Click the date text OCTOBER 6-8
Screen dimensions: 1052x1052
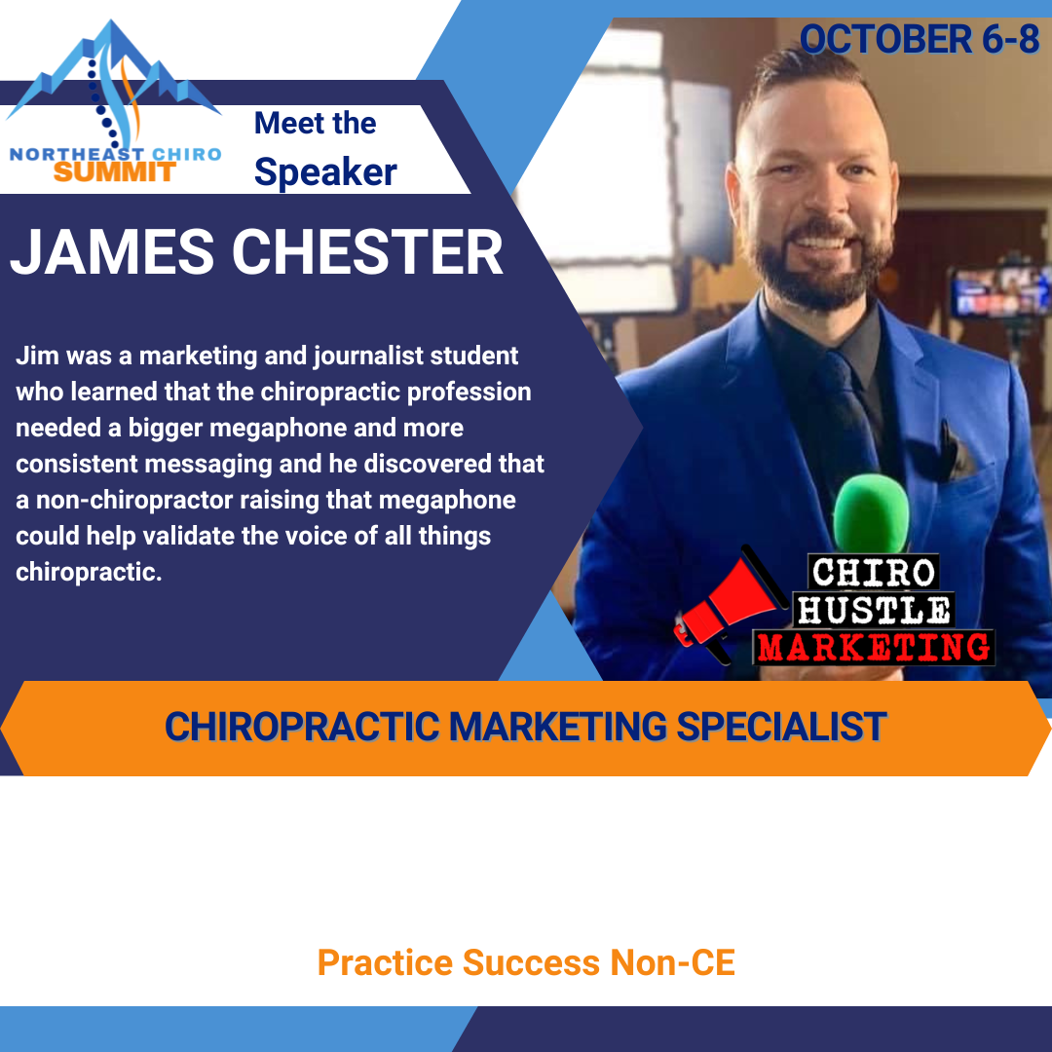(x=920, y=39)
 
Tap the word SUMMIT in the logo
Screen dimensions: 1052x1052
(x=115, y=172)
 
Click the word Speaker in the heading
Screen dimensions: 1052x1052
(x=325, y=171)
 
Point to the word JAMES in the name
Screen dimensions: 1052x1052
(x=112, y=251)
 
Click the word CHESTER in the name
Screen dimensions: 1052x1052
(x=367, y=251)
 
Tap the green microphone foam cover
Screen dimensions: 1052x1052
(x=871, y=512)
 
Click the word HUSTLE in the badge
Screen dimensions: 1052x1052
(x=873, y=610)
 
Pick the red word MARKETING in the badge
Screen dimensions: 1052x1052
(x=874, y=648)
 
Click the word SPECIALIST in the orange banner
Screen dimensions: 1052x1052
(x=781, y=727)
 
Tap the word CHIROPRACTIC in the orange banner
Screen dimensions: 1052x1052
(x=302, y=727)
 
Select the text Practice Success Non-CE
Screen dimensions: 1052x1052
(x=526, y=962)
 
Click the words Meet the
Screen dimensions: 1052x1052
(x=315, y=123)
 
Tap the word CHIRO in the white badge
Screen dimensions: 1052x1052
(x=873, y=573)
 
